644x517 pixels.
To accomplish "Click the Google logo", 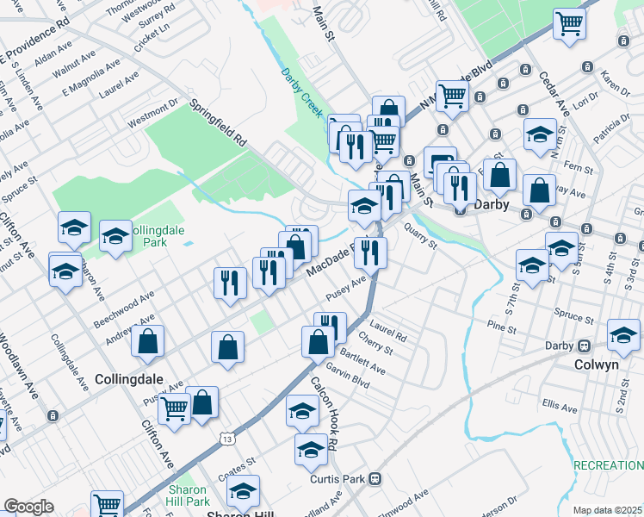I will tap(28, 507).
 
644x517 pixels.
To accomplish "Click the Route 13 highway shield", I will tap(226, 439).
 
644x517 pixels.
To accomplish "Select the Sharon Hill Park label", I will tap(186, 495).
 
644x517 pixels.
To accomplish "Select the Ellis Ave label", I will tap(560, 404).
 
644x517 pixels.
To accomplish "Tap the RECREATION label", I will tap(608, 465).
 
